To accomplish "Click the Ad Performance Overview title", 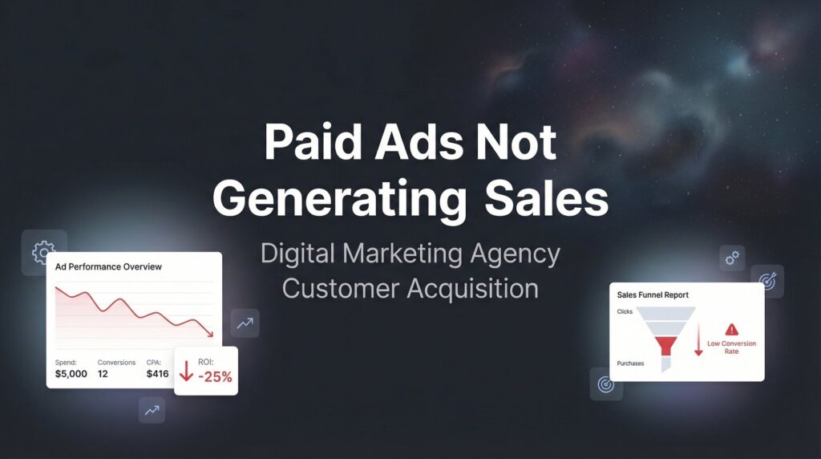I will pos(108,266).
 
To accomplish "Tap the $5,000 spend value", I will pos(71,373).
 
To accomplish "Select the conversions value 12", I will pos(103,373).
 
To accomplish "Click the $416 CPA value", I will pos(158,373).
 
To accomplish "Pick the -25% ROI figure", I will pos(215,376).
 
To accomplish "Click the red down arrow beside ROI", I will pos(186,371).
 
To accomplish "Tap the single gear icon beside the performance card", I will pos(42,253).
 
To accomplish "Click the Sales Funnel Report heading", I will pos(653,295).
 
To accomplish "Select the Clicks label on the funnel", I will pos(625,311).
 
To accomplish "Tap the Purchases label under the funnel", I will pos(630,364).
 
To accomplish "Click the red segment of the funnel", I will pos(665,345).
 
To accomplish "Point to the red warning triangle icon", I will pos(731,329).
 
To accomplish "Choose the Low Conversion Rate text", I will pos(731,347).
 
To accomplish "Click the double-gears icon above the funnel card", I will pos(732,258).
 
